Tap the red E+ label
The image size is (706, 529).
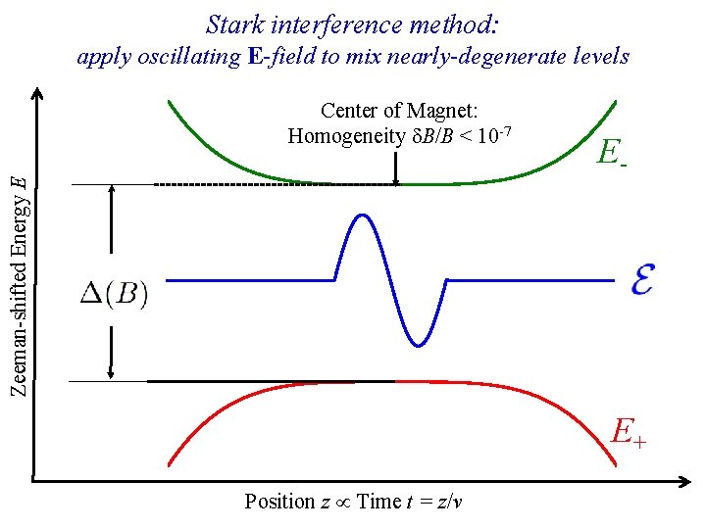tap(629, 431)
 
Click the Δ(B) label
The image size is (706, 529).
tap(114, 294)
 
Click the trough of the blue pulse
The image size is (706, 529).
tap(419, 344)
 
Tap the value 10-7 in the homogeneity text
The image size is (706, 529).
tap(499, 133)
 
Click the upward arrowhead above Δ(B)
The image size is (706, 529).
tap(112, 192)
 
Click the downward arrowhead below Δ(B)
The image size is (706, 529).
tap(112, 373)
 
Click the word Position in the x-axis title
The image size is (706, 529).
tap(279, 502)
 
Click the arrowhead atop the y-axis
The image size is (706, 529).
tap(36, 94)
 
